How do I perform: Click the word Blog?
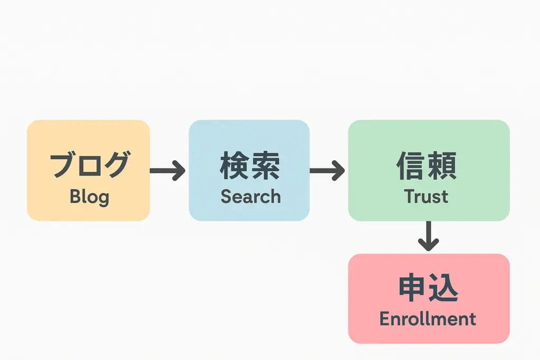(90, 197)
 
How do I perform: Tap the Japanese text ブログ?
(90, 164)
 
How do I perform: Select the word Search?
(250, 197)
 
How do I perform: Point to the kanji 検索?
(250, 165)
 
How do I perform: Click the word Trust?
(426, 197)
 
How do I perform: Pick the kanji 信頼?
(427, 165)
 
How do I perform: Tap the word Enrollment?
(428, 319)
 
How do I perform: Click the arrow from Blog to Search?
(167, 170)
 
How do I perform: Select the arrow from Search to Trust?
(327, 170)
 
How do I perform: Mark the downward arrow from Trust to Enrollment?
(428, 236)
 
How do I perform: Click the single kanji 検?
(235, 165)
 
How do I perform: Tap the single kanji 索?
(266, 165)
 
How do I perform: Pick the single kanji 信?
(411, 165)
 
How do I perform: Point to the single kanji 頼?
(442, 165)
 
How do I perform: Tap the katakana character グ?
(117, 164)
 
